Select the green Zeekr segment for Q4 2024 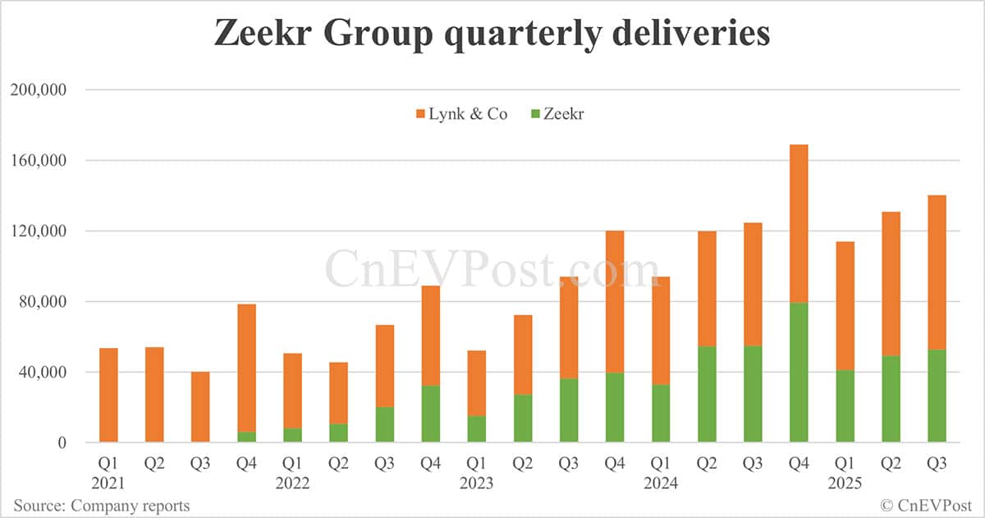(x=799, y=373)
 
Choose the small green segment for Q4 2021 (x=246, y=437)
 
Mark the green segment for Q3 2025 (x=937, y=396)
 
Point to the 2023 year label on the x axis (x=476, y=483)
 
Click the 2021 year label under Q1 (x=108, y=483)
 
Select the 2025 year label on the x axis (x=844, y=483)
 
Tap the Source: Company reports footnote (x=101, y=505)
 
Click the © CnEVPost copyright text (x=926, y=505)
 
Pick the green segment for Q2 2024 (x=707, y=394)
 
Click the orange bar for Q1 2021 (x=108, y=395)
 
